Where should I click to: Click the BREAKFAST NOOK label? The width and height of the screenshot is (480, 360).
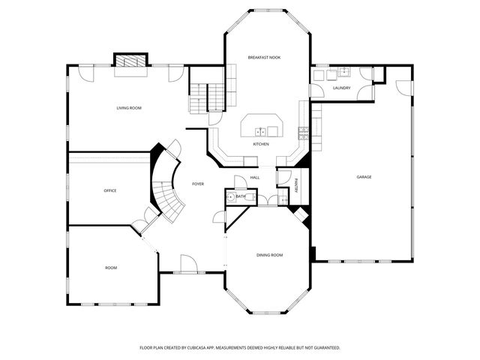264,58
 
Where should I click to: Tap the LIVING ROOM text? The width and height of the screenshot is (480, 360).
129,108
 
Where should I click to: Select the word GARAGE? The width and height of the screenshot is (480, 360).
364,177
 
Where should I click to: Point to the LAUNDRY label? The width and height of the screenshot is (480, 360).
341,88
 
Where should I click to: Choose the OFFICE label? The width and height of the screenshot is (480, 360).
110,190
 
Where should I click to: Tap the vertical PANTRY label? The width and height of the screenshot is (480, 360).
297,185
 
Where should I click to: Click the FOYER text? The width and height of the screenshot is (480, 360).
198,184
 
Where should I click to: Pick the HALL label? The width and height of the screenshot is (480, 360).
255,178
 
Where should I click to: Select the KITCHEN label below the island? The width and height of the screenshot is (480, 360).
261,144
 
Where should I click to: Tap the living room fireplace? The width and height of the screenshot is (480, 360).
130,61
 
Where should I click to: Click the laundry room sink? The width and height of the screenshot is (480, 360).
343,73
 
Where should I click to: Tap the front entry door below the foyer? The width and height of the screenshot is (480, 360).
187,263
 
